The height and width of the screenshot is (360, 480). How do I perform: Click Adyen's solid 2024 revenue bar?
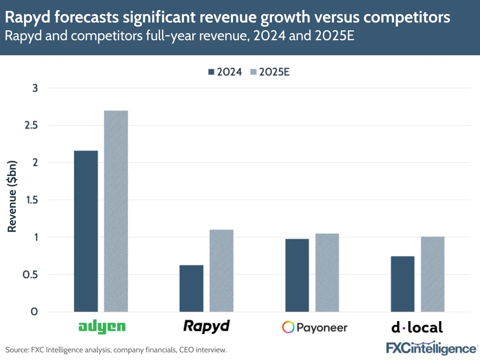tap(86, 231)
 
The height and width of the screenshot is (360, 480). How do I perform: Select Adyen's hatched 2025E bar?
tap(116, 211)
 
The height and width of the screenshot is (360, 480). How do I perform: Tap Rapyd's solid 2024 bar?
tap(191, 288)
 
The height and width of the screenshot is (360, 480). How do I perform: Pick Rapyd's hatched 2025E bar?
tap(222, 271)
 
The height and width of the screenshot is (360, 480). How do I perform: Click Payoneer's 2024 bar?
tap(297, 275)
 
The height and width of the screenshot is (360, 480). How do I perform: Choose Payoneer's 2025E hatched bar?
tap(327, 273)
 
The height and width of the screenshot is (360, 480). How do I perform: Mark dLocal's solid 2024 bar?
tap(403, 284)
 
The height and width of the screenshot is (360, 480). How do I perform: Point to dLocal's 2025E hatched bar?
tap(432, 274)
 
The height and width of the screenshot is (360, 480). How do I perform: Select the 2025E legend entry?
tap(271, 72)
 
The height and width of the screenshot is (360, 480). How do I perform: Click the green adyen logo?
tap(102, 327)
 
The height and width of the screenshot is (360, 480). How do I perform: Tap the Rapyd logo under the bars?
tap(207, 326)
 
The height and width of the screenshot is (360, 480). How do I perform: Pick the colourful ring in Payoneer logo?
tap(288, 328)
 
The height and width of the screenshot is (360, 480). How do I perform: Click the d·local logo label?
tap(417, 327)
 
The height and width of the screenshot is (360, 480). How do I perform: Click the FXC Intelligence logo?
tap(432, 347)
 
